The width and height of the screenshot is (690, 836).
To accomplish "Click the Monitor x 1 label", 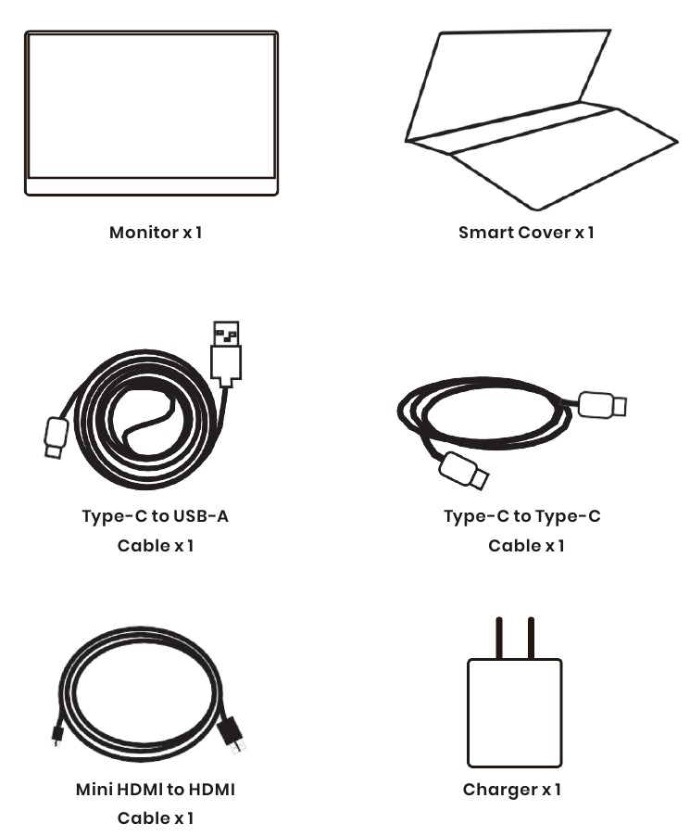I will (x=156, y=233).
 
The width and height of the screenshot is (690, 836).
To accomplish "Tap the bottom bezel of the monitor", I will (x=151, y=186).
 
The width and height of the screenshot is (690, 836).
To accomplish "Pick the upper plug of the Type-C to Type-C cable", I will (x=602, y=405).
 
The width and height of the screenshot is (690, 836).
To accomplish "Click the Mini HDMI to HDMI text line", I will (x=155, y=790).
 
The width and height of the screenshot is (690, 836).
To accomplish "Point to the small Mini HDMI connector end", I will (x=57, y=735).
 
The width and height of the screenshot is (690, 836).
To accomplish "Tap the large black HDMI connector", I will (x=232, y=735).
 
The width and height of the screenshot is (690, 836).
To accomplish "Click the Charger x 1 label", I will (x=512, y=790).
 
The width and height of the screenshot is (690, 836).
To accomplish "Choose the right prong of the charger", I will (x=531, y=638).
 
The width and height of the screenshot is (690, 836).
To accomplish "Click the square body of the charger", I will (x=514, y=712).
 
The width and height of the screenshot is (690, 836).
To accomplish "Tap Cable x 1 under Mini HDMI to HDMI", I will (x=155, y=818).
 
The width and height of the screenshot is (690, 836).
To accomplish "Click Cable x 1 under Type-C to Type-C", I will (x=526, y=545).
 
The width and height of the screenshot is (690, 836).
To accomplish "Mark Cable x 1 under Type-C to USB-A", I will (x=155, y=545).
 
